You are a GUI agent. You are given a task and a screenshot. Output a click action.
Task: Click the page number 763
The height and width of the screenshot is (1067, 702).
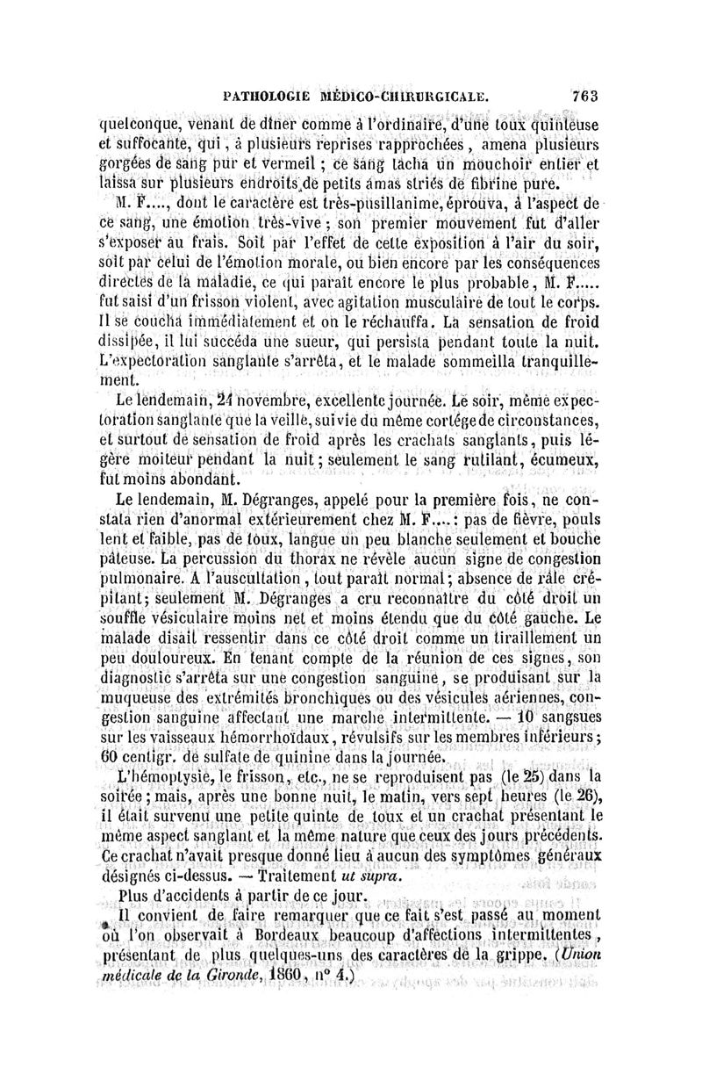pyautogui.click(x=584, y=94)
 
